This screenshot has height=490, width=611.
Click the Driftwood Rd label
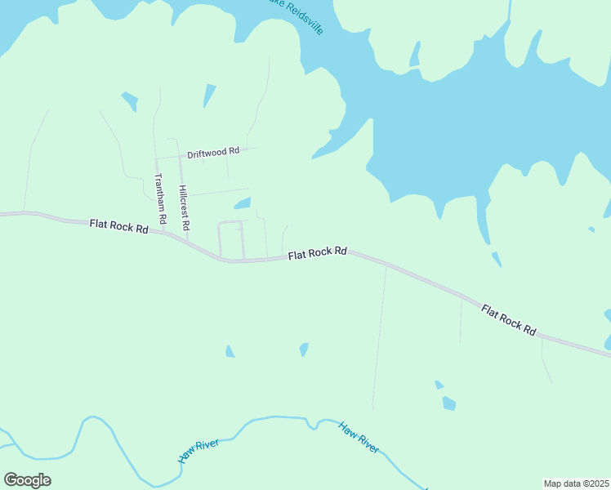pos(212,152)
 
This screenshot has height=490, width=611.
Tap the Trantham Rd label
pos(160,199)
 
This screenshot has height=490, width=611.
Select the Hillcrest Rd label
pos(185,207)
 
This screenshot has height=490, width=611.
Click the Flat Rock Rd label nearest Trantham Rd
pos(118,225)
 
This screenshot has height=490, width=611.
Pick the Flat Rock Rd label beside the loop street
pos(318,253)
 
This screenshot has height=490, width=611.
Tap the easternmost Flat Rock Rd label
pos(508,320)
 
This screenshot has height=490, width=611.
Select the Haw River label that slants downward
pos(359,438)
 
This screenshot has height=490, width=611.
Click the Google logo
pos(27,479)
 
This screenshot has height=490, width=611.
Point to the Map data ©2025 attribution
pos(576,483)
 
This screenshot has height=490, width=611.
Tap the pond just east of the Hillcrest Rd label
pos(243,203)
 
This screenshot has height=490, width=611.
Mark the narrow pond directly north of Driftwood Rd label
pos(209,95)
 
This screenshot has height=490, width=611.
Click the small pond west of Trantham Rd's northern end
pos(129,101)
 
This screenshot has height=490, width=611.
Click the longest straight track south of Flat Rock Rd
pos(379,335)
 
